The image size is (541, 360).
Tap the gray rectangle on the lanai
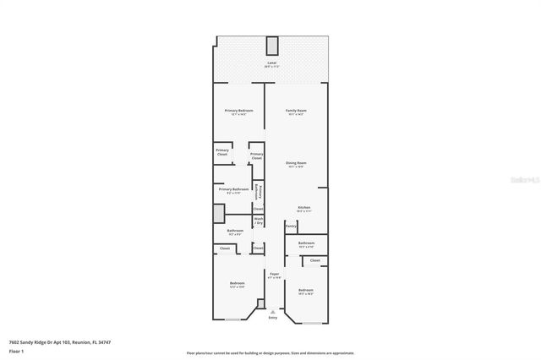tap(271, 46)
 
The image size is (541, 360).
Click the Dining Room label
tap(295, 164)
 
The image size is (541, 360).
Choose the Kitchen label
tap(304, 208)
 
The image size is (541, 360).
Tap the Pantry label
tap(291, 226)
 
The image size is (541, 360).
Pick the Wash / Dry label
tap(258, 221)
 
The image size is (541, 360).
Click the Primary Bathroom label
tap(232, 190)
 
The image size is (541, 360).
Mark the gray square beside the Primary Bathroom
tap(218, 213)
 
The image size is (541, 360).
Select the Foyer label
tap(274, 275)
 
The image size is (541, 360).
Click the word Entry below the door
tap(272, 318)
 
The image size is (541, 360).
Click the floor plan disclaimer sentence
tap(270, 353)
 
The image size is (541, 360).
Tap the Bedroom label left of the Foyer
tap(238, 284)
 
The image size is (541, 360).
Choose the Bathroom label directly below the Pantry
tap(306, 243)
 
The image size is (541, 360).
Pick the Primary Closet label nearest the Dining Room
tap(256, 155)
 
